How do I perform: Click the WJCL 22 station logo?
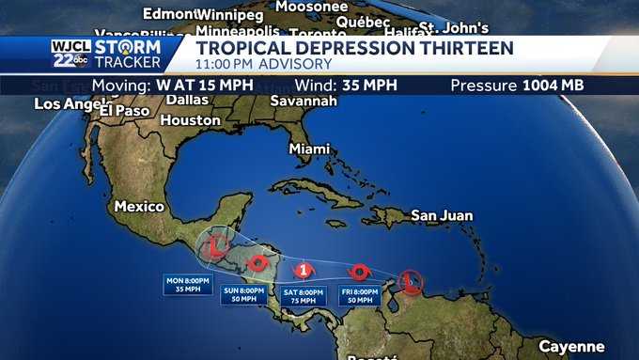coord(70,54)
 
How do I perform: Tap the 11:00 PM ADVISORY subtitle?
coord(263,64)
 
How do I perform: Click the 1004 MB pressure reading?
coord(553,86)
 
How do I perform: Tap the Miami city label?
coord(309,149)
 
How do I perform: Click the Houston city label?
coord(190,120)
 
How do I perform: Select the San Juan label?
coord(442,215)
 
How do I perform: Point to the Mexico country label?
coord(139,206)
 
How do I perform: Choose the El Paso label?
coord(125,110)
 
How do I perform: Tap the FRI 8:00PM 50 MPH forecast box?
coord(360,296)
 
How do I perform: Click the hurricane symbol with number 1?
coord(304,271)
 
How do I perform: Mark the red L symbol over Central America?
coord(216,247)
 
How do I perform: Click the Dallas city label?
coord(187,100)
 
